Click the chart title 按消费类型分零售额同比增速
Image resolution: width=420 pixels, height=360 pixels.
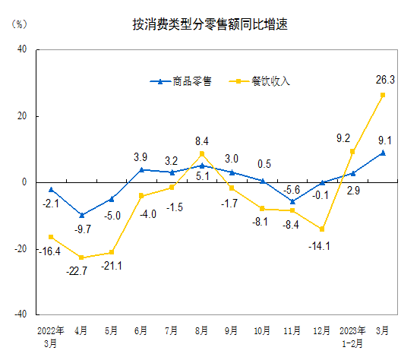coord(210,25)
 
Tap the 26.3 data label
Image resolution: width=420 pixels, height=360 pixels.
coord(384,79)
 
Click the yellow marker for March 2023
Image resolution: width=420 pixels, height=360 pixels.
coord(383,95)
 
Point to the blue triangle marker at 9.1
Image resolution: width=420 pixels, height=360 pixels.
coord(383,153)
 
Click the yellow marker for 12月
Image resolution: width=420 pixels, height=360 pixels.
coord(322,229)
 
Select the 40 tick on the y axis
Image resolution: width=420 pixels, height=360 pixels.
coord(22,49)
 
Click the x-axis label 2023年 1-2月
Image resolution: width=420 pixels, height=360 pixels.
coord(352,336)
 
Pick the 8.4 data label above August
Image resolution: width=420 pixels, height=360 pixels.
coord(202,141)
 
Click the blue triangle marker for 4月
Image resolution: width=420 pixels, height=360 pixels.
coord(81,215)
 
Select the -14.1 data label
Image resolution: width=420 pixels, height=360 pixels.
coord(322,245)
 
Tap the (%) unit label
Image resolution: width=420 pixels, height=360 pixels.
coord(19,24)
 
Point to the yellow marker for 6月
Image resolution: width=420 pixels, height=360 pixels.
coord(141,196)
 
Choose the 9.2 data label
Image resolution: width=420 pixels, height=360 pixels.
coord(343,138)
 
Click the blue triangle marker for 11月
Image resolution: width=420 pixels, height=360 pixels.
coord(292,201)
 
